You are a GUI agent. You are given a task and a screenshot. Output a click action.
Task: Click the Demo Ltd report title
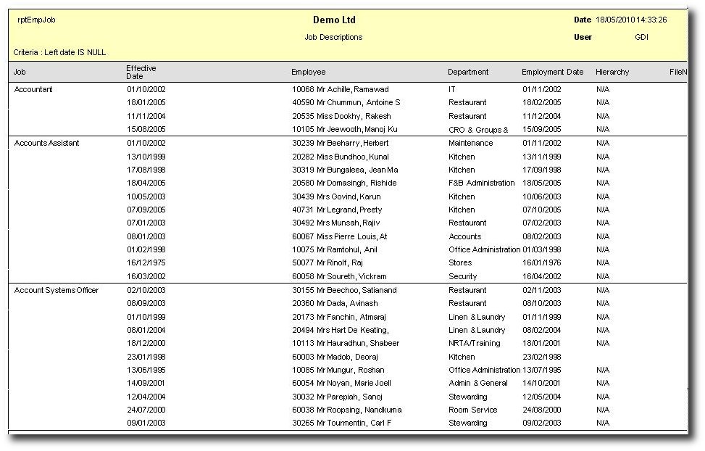click(334, 20)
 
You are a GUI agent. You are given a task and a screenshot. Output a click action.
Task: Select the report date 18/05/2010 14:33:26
click(630, 20)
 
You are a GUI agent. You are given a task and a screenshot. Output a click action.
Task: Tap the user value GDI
click(641, 37)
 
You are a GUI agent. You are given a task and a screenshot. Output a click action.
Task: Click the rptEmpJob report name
click(36, 20)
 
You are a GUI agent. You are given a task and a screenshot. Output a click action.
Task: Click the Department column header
click(468, 73)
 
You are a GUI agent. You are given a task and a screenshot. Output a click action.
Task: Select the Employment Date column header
click(552, 73)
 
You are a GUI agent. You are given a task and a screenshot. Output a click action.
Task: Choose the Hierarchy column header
click(612, 73)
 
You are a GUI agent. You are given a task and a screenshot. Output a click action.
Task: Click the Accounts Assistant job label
click(46, 143)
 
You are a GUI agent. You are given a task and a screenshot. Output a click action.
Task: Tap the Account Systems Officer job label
click(57, 290)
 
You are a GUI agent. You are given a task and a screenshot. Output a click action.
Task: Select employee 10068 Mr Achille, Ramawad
click(341, 89)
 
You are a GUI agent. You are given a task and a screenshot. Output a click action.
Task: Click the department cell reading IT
click(452, 89)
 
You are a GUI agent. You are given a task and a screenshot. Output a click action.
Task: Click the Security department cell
click(463, 276)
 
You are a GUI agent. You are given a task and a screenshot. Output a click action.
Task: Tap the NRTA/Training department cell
click(475, 343)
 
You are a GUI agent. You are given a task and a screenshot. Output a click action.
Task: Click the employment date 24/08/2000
click(542, 410)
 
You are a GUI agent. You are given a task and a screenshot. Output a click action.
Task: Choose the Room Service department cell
click(473, 410)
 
